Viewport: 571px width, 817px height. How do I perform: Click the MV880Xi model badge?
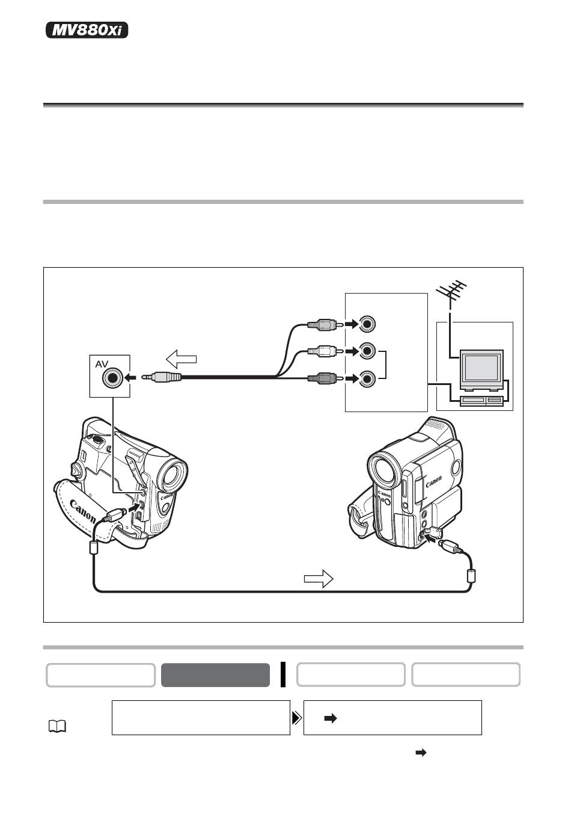pyautogui.click(x=87, y=30)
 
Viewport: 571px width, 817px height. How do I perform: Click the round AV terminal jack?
pyautogui.click(x=112, y=378)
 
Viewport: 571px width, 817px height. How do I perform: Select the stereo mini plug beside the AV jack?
pyautogui.click(x=162, y=378)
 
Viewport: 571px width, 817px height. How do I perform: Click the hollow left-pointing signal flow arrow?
pyautogui.click(x=181, y=360)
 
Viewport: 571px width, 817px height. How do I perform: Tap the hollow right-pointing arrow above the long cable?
pyautogui.click(x=319, y=579)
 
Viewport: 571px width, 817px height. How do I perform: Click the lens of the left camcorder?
pyautogui.click(x=172, y=474)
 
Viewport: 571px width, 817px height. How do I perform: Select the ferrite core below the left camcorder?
pyautogui.click(x=93, y=548)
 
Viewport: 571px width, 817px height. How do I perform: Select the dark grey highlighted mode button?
pyautogui.click(x=215, y=675)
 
